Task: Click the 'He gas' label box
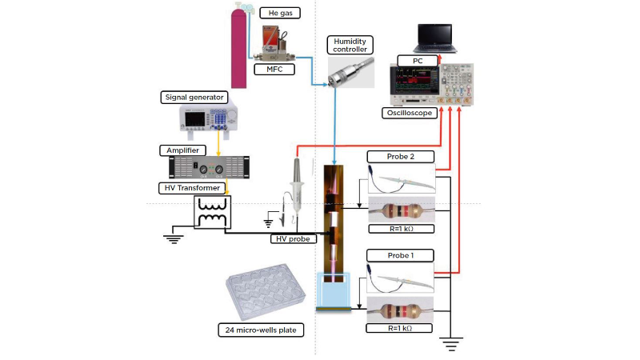tap(277, 14)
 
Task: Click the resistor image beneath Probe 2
tap(400, 211)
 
